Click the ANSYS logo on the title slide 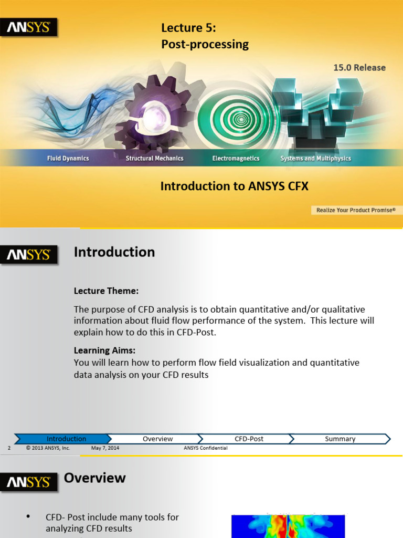pyautogui.click(x=28, y=27)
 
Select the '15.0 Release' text pyautogui.click(x=359, y=67)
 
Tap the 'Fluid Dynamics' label pyautogui.click(x=68, y=158)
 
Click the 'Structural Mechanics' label pyautogui.click(x=154, y=158)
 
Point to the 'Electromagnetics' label pyautogui.click(x=236, y=158)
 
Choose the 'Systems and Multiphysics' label pyautogui.click(x=315, y=158)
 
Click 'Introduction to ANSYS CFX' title pyautogui.click(x=234, y=186)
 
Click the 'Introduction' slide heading pyautogui.click(x=114, y=252)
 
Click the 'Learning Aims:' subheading pyautogui.click(x=108, y=350)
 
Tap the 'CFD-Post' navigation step pyautogui.click(x=249, y=439)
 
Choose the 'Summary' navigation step pyautogui.click(x=340, y=439)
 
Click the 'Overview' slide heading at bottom pyautogui.click(x=94, y=478)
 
